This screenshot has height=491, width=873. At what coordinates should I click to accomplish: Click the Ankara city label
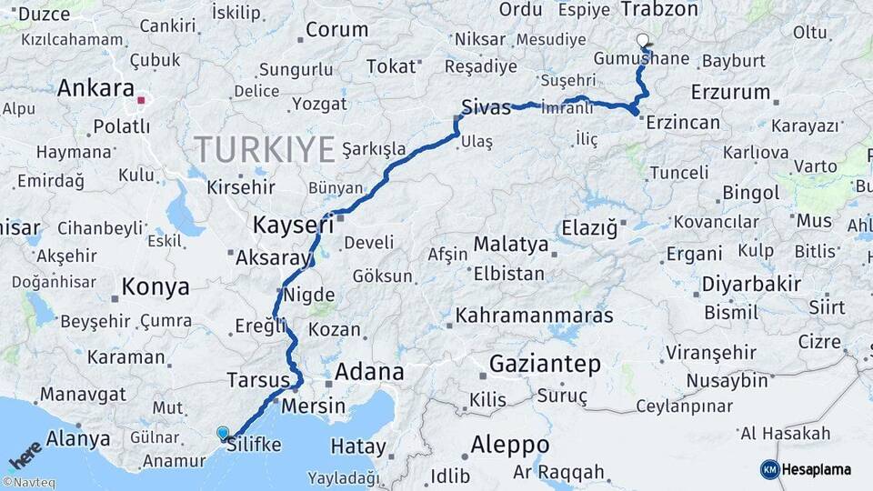[95, 88]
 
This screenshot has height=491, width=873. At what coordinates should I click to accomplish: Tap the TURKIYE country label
[264, 149]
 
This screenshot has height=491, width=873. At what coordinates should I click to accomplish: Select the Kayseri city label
[293, 224]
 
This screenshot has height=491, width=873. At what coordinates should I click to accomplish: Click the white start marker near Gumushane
[644, 40]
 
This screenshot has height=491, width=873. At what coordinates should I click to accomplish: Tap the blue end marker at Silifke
[223, 433]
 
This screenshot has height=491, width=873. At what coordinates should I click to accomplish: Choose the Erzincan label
[683, 123]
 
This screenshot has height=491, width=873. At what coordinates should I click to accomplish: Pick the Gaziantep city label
[545, 365]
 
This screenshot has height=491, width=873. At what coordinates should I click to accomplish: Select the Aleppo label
[510, 446]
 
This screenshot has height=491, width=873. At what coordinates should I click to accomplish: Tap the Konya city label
[156, 287]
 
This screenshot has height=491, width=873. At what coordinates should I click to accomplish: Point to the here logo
[25, 453]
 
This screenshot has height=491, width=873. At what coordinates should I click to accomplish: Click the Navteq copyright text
[28, 483]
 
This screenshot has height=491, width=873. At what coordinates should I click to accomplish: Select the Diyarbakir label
[750, 285]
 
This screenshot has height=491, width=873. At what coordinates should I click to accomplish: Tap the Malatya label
[511, 245]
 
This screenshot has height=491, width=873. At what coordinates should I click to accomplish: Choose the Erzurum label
[730, 93]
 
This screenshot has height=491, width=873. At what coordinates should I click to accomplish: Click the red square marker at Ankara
[142, 100]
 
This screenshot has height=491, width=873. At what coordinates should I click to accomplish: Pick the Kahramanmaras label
[534, 316]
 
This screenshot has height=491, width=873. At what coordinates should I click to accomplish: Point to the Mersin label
[314, 406]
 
